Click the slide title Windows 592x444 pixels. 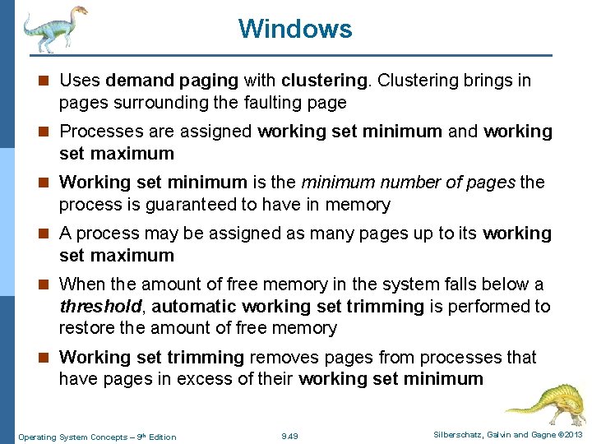[x=295, y=29]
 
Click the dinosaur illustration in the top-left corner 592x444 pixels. [x=54, y=28]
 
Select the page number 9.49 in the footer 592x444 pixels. [x=289, y=436]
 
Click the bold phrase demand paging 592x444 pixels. [x=171, y=81]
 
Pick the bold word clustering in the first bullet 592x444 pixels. [x=324, y=81]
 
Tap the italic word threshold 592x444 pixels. [x=99, y=307]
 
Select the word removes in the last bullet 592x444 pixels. [x=280, y=358]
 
